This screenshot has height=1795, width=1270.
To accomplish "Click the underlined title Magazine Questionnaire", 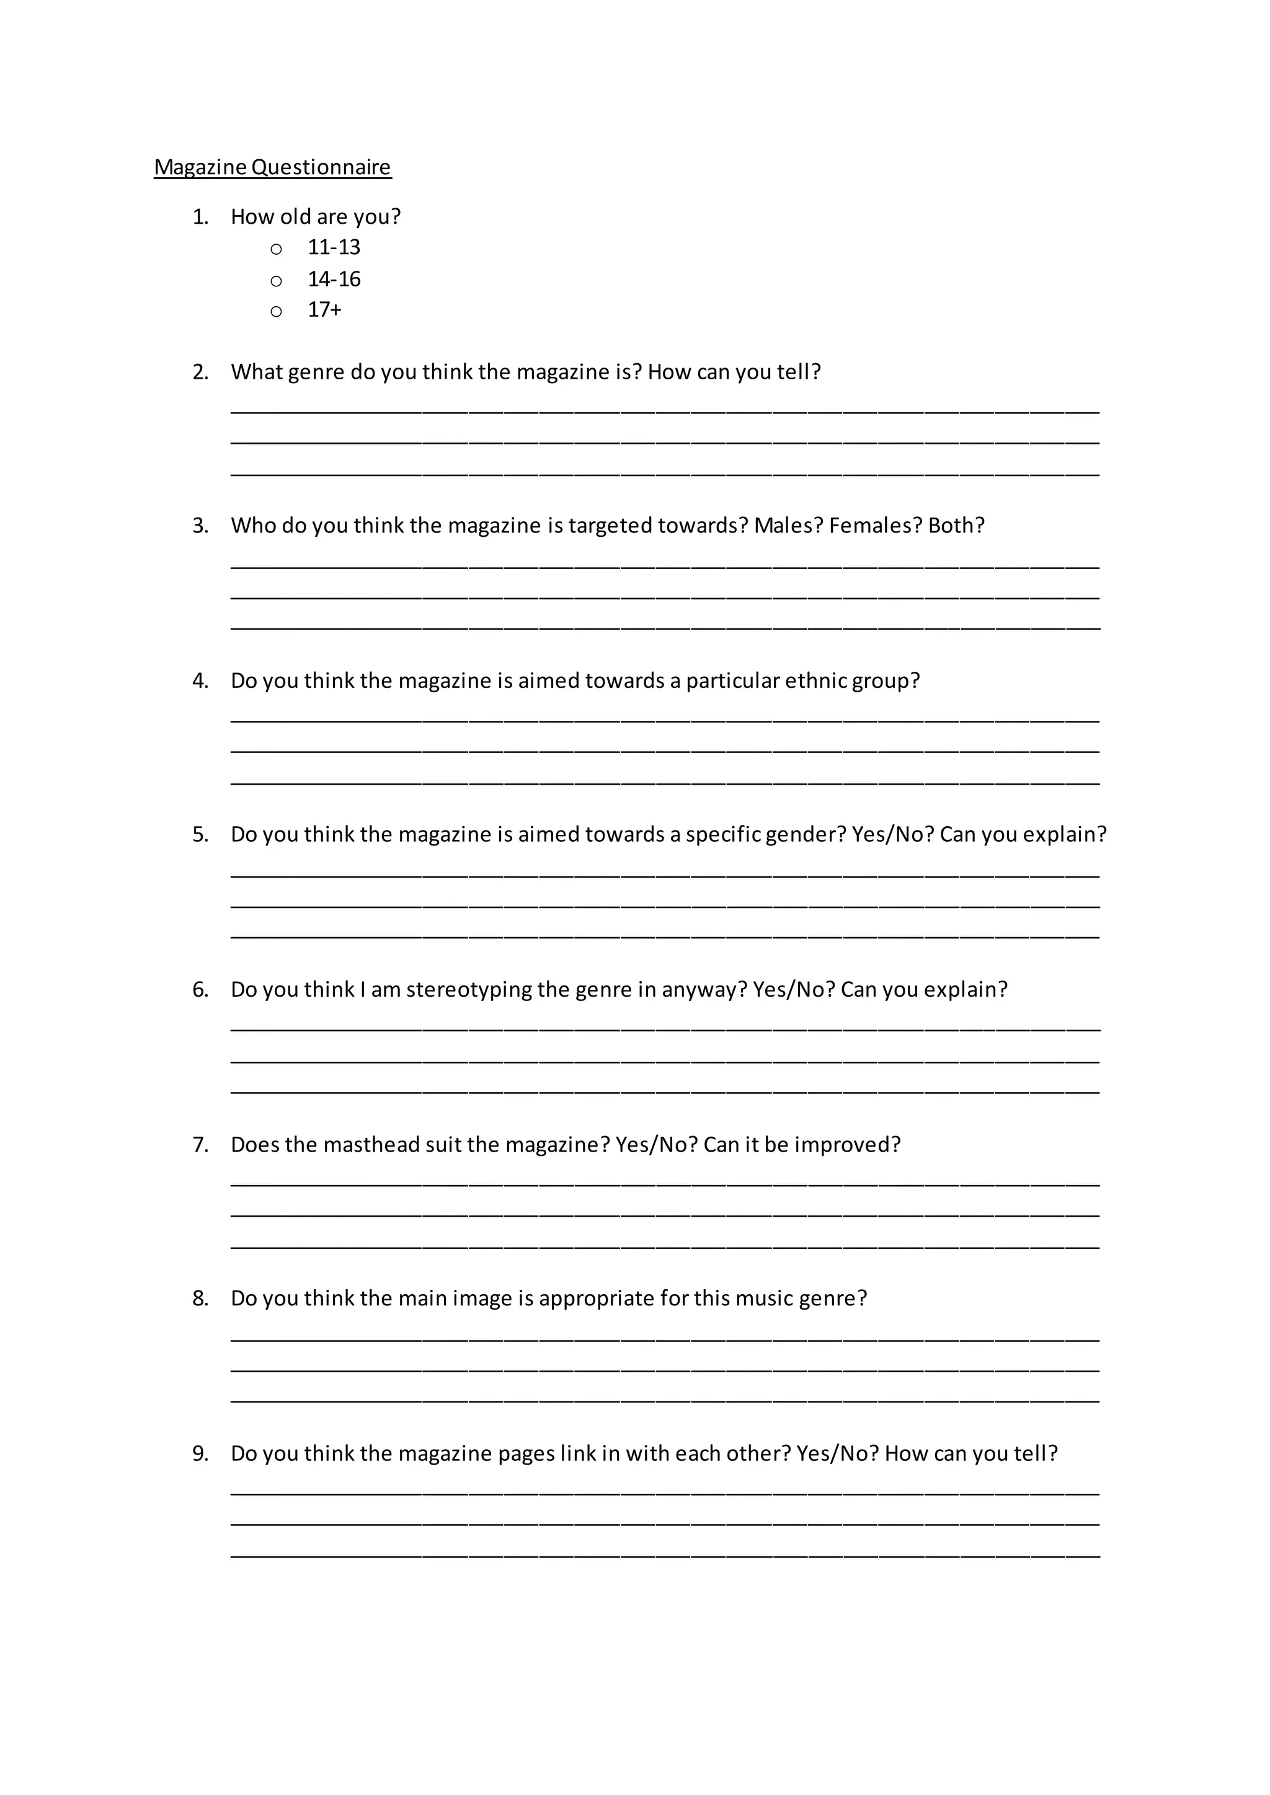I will pyautogui.click(x=272, y=167).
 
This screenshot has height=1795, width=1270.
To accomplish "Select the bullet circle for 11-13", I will pyautogui.click(x=276, y=249).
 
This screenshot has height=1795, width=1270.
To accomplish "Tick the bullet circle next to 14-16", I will pyautogui.click(x=276, y=281).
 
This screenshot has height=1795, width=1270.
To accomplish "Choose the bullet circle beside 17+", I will pyautogui.click(x=276, y=312).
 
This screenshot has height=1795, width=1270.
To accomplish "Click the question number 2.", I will pyautogui.click(x=200, y=372).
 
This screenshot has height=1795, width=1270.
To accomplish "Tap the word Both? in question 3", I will pyautogui.click(x=956, y=526).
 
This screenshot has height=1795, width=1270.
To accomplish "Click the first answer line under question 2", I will pyautogui.click(x=665, y=410).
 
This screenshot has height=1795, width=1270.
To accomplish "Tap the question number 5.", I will pyautogui.click(x=200, y=835).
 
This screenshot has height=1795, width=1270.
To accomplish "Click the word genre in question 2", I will pyautogui.click(x=316, y=372).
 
